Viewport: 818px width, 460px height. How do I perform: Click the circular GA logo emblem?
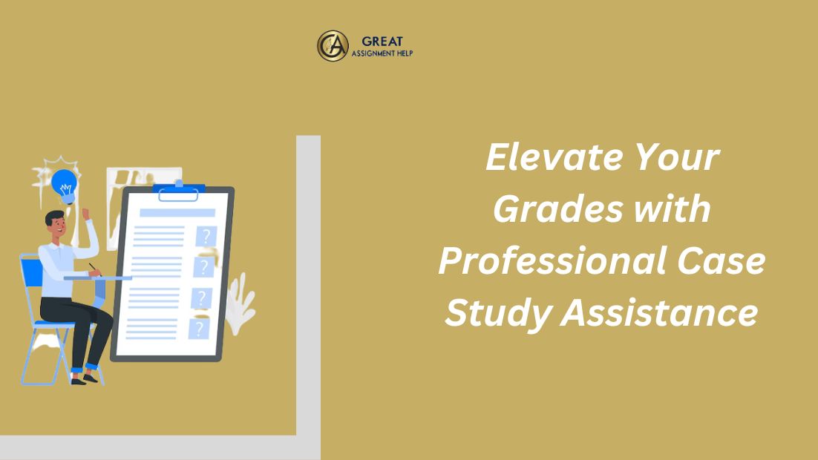point(333,46)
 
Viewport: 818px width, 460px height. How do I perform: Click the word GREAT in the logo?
point(382,42)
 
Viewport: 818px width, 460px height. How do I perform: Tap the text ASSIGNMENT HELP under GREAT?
point(382,53)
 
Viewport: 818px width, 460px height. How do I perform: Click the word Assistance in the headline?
point(659,313)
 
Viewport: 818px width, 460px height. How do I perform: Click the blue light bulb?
point(65,186)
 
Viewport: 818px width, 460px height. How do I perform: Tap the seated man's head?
point(55,223)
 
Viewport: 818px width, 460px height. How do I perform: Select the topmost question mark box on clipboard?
point(206,236)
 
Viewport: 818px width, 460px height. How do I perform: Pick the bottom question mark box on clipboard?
point(199,329)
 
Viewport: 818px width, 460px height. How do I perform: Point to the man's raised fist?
point(85,214)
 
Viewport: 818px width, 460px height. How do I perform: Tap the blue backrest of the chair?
point(31,272)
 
